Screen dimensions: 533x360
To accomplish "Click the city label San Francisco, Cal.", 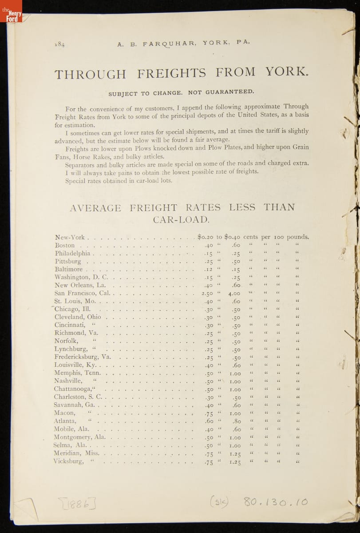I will (x=82, y=293).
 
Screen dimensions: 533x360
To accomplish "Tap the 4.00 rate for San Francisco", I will (x=234, y=294).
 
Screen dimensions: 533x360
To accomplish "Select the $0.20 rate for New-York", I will (x=206, y=237).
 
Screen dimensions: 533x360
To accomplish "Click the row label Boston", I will (x=65, y=245).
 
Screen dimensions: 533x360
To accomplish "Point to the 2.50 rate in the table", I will (x=207, y=294).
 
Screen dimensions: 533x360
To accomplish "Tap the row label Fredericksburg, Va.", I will (x=83, y=357).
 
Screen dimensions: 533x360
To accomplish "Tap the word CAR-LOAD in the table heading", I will (x=181, y=219).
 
